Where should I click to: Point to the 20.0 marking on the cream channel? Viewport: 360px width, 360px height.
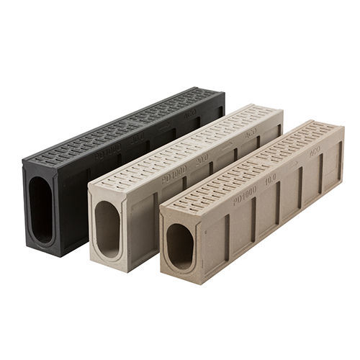click(202, 156)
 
